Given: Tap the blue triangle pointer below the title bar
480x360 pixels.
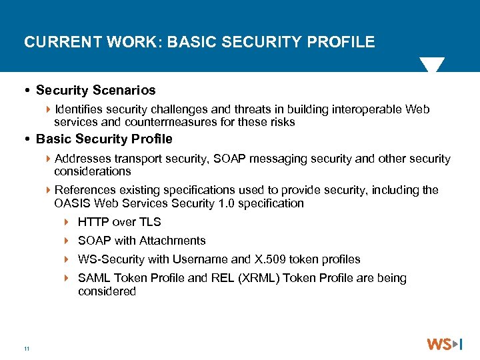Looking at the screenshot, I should (431, 65).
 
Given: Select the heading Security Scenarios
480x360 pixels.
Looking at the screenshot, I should (95, 90).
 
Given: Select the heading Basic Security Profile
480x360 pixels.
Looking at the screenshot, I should (104, 139).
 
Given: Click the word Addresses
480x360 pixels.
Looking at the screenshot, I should (83, 159).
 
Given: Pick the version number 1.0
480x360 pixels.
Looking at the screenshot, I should (234, 203).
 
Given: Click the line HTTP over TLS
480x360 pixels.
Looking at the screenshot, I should (119, 222).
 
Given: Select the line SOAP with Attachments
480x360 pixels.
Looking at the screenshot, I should (141, 241).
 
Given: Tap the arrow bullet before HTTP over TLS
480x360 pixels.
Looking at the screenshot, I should (67, 222).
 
